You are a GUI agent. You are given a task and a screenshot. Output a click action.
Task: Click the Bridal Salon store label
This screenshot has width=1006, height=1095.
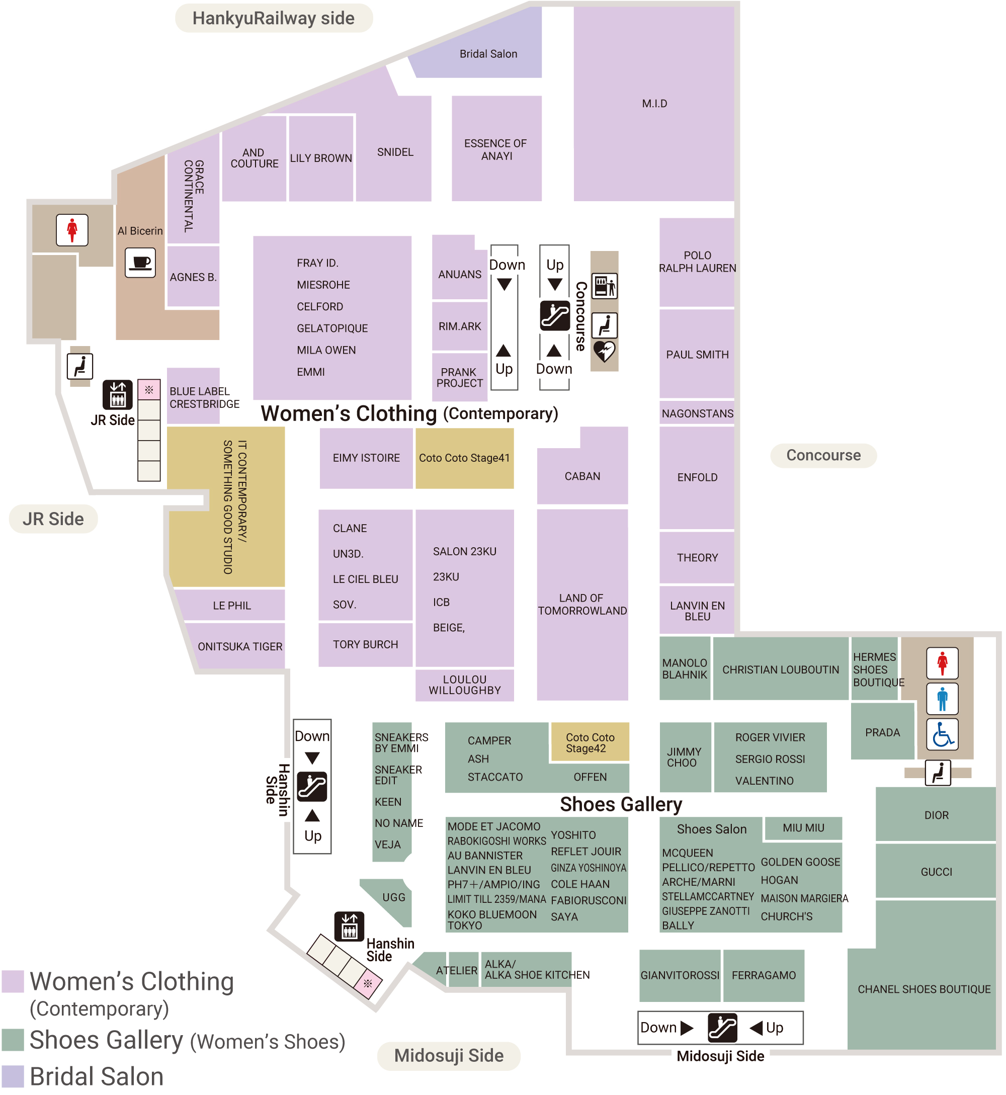(x=488, y=54)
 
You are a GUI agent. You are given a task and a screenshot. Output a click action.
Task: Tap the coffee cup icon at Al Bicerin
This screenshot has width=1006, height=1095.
(x=140, y=263)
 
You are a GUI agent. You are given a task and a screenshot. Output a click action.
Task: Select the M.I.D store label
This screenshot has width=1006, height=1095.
(x=654, y=104)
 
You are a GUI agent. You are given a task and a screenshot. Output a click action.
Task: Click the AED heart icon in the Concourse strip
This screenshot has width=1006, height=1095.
(x=604, y=352)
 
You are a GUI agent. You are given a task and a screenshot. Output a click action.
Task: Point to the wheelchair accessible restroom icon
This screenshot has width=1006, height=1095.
(x=942, y=735)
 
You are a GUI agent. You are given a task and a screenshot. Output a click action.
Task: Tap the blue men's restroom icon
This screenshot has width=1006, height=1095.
(x=942, y=699)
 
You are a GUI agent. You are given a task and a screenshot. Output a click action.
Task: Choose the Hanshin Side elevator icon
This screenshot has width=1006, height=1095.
(x=349, y=926)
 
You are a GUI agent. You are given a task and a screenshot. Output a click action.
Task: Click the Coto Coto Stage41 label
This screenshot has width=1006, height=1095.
(x=464, y=458)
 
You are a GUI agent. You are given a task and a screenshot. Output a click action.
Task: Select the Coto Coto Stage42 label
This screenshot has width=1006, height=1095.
(x=590, y=743)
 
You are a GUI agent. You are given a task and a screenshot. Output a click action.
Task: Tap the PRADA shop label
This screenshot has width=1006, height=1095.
(x=882, y=732)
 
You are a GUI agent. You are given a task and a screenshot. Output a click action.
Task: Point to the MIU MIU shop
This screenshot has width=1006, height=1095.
(x=803, y=828)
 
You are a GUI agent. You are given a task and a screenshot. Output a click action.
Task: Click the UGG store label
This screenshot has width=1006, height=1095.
(x=393, y=897)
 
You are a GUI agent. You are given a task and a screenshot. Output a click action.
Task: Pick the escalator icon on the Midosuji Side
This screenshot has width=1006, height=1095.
(x=722, y=1028)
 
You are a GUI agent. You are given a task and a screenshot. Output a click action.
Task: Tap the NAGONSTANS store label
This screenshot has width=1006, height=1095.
(x=697, y=413)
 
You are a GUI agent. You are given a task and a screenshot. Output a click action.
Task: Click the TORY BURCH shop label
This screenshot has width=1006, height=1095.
(x=365, y=644)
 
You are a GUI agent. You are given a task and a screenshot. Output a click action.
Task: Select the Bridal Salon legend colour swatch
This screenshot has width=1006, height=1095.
(x=13, y=1076)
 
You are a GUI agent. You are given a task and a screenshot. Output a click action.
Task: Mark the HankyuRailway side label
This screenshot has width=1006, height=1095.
(x=273, y=18)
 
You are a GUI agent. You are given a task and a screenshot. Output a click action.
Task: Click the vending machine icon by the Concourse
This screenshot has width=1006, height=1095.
(x=605, y=286)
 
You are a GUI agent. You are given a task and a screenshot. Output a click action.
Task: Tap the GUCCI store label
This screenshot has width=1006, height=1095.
(x=936, y=872)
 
